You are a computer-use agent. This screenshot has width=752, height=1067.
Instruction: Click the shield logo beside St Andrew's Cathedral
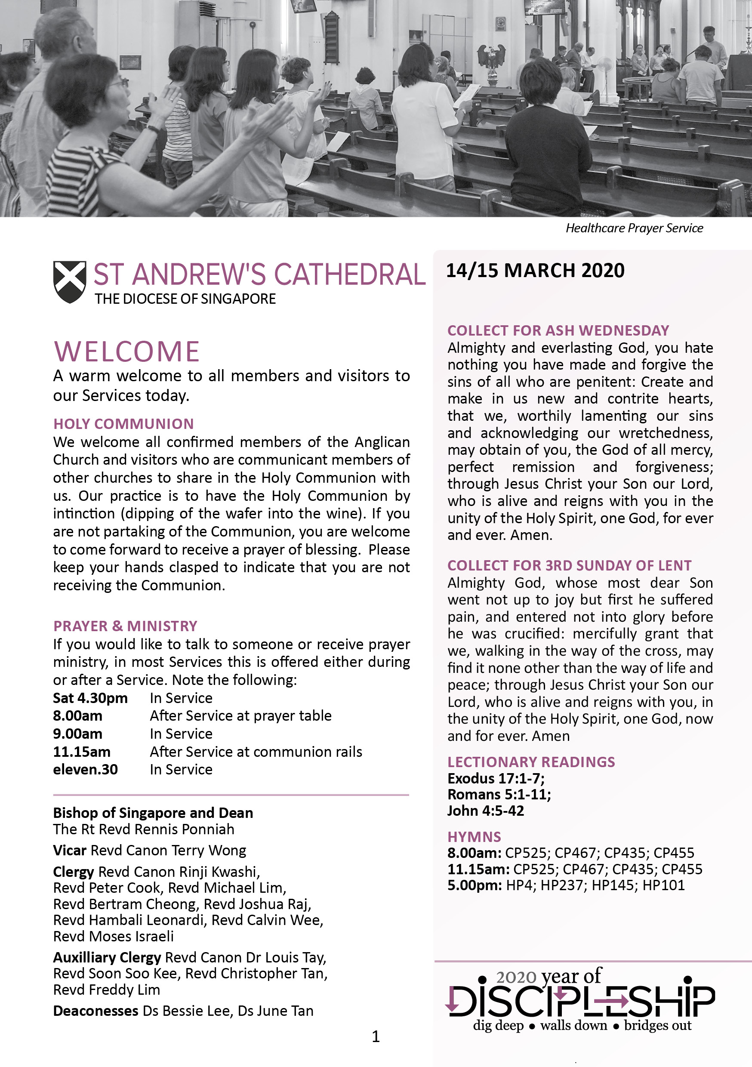coord(69,282)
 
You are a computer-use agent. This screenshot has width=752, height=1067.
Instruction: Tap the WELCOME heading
coord(127,352)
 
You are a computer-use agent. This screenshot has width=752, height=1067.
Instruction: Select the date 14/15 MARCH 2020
coord(535,271)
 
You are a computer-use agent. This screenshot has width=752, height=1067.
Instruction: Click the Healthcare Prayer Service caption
coord(634,228)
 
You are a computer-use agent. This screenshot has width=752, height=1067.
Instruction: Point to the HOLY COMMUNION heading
coord(123,424)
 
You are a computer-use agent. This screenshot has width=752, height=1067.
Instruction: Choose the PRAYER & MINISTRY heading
coord(125,626)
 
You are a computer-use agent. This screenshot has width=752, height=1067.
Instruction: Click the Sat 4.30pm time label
coord(90,698)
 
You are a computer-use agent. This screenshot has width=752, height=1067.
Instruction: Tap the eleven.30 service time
coord(86,770)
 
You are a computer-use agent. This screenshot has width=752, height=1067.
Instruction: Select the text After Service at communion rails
coord(256,752)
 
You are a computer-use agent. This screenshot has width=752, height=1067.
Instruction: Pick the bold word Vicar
coord(70,850)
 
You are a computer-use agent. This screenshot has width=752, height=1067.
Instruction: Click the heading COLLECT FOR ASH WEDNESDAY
coord(558,330)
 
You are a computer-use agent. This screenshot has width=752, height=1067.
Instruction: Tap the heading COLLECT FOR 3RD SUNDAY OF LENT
coord(569,566)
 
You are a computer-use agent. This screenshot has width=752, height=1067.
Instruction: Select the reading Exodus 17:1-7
coord(496,778)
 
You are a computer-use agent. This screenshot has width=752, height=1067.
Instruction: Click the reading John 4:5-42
coord(486,811)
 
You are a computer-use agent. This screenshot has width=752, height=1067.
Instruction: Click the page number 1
coord(376,1036)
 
